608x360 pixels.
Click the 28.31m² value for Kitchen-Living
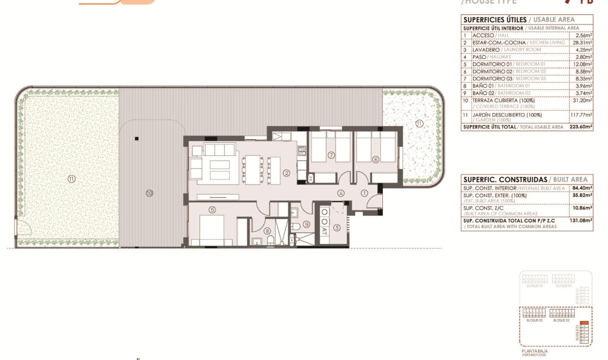(x=583, y=42)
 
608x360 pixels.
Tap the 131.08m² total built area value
(x=583, y=221)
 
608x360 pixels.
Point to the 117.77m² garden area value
(x=582, y=115)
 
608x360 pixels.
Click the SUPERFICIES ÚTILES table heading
(x=495, y=19)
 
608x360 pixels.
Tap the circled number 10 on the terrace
(x=149, y=193)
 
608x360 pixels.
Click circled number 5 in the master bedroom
(x=212, y=210)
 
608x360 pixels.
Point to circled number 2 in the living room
(x=287, y=174)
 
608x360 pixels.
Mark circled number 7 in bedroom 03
(x=331, y=155)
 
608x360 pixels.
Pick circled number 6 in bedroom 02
(x=375, y=160)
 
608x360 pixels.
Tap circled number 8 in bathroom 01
(x=267, y=231)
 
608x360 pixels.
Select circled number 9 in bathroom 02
(x=306, y=225)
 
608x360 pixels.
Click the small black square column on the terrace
(x=136, y=138)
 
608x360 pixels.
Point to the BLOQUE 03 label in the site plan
(x=534, y=320)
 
